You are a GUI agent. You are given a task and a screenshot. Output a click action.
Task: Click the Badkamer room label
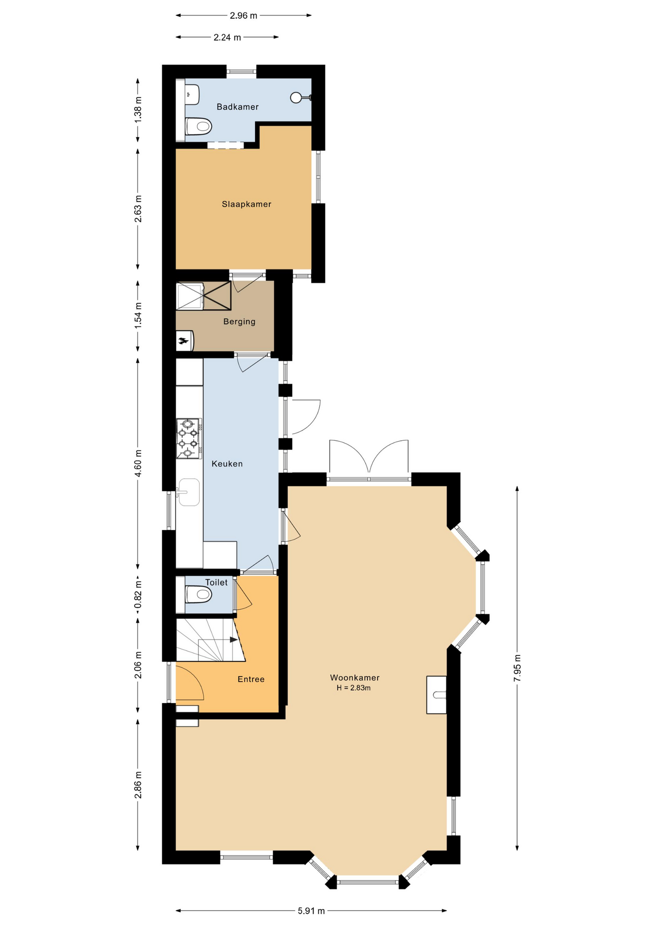click(237, 107)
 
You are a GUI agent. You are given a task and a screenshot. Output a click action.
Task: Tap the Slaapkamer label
click(246, 204)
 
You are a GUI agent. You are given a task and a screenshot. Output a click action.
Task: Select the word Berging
click(239, 322)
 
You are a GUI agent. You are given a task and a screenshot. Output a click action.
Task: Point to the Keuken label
click(227, 464)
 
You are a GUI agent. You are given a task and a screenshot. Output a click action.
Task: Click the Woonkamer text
click(355, 678)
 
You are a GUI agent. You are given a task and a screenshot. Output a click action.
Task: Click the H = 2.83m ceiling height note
click(354, 688)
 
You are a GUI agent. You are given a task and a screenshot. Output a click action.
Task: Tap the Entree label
click(251, 679)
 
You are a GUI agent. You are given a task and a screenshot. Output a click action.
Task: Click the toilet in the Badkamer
click(199, 127)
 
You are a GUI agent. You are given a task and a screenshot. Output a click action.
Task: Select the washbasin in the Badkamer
click(193, 94)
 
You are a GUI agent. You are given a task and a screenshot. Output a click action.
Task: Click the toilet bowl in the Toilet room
click(199, 595)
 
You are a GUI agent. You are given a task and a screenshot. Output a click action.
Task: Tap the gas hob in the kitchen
click(189, 438)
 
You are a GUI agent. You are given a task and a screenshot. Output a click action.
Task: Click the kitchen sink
click(189, 492)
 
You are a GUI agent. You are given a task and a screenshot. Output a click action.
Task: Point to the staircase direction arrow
click(234, 640)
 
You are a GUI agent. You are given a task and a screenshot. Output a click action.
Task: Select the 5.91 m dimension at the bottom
click(311, 911)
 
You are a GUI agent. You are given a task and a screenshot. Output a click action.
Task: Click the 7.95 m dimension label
click(517, 668)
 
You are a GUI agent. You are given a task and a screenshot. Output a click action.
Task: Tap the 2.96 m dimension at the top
click(244, 15)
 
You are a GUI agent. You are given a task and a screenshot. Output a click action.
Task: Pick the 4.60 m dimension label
click(138, 463)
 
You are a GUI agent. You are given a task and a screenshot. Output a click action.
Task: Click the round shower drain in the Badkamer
click(296, 97)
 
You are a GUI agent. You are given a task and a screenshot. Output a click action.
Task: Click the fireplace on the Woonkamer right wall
click(437, 694)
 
